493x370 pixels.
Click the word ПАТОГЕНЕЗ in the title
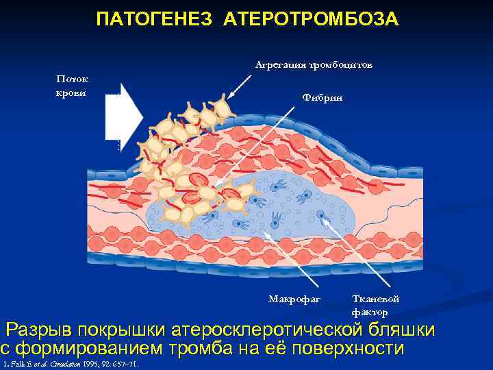tap(146, 18)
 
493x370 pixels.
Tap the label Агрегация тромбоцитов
tap(314, 65)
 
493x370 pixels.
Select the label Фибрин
tap(322, 98)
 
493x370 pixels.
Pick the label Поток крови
tap(71, 86)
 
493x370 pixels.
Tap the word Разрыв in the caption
tap(43, 330)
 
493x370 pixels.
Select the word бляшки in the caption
tap(400, 330)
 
